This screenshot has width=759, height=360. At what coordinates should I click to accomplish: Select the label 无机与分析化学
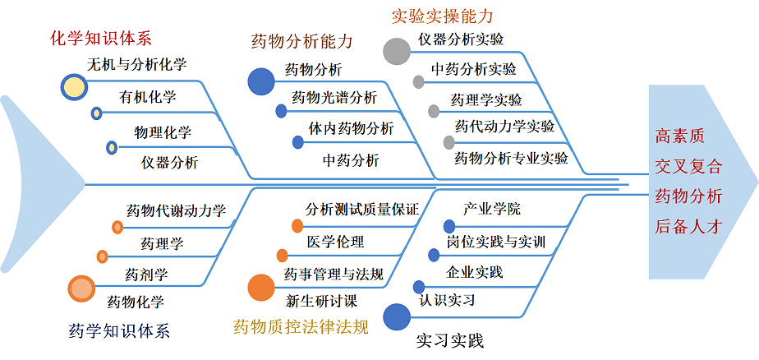point(137,64)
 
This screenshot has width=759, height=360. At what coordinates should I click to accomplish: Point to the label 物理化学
point(163,132)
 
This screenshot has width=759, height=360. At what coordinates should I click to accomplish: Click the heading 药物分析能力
point(301,41)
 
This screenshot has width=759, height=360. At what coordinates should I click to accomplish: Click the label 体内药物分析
point(351,128)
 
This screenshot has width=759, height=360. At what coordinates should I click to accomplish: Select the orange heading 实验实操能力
point(443,16)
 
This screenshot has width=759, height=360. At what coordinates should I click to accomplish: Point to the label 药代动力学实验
point(504,127)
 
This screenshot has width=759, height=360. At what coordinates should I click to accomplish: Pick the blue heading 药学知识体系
point(119,331)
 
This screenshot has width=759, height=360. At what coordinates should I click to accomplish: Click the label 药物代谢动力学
point(176,211)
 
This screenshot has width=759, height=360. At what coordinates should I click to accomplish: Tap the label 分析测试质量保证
point(362,210)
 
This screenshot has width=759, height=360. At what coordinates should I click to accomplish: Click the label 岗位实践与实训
point(496,242)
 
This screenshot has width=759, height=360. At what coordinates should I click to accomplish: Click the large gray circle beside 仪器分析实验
point(396,51)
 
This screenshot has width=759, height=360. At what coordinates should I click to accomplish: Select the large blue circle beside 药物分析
point(261,81)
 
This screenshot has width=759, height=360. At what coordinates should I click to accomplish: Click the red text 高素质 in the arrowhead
point(679,136)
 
